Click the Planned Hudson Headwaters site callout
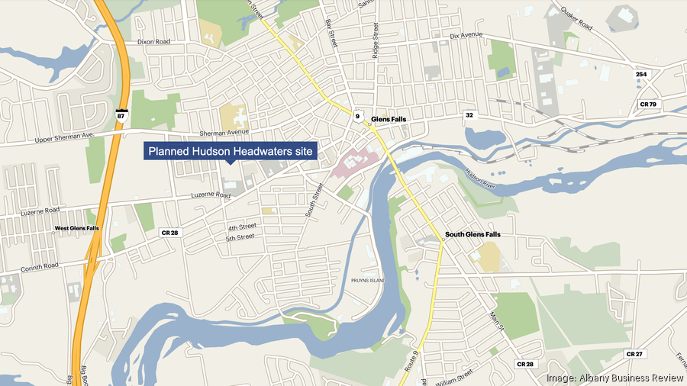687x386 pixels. coord(231,152)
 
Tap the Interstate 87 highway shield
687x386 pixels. coord(121,116)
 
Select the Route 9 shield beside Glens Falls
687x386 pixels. coord(356,117)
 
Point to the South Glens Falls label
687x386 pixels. coord(473,235)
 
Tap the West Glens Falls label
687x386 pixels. coord(76,228)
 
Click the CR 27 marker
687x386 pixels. coord(634,354)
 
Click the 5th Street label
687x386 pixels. coord(240,237)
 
